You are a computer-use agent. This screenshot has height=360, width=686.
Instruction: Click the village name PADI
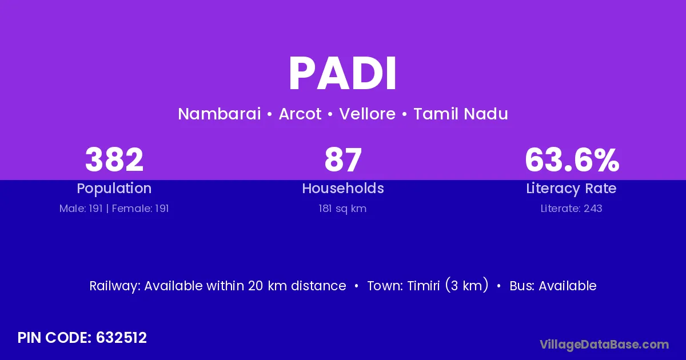(342, 74)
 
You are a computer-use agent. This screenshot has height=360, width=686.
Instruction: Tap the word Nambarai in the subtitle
(220, 114)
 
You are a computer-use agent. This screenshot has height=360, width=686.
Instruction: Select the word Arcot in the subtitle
(300, 114)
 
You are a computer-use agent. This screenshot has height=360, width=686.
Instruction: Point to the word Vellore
(368, 114)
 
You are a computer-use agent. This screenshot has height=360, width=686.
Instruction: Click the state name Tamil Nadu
(461, 114)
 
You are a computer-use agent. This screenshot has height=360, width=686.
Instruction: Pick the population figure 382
(114, 159)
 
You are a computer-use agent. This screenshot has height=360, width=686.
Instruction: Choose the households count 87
(343, 159)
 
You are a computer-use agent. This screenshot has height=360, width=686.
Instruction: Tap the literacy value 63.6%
(572, 159)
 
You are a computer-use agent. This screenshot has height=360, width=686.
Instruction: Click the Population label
(114, 189)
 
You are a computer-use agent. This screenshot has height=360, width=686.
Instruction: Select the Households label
(343, 188)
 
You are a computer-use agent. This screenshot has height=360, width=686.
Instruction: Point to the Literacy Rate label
(572, 189)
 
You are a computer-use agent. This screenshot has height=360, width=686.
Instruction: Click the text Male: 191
(81, 209)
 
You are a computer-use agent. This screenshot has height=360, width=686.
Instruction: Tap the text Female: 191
(140, 209)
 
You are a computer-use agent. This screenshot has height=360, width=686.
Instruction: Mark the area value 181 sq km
(342, 209)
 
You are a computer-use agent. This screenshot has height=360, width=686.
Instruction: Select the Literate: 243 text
(572, 209)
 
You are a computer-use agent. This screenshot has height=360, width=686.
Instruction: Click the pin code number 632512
(121, 338)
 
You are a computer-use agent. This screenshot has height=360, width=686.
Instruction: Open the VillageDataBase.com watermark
(604, 345)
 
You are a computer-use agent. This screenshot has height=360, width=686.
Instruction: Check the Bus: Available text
(553, 286)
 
